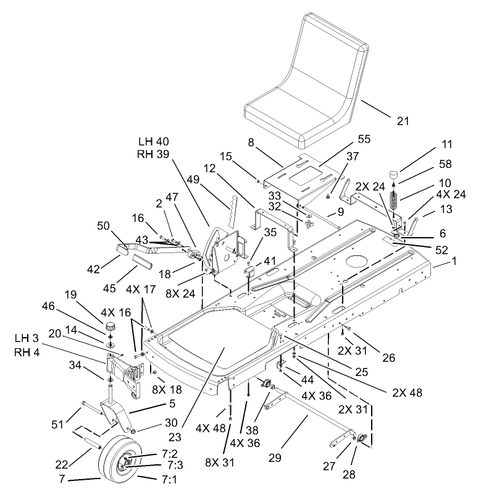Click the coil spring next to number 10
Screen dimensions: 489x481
(x=396, y=204)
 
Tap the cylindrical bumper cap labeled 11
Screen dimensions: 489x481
(x=393, y=172)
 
